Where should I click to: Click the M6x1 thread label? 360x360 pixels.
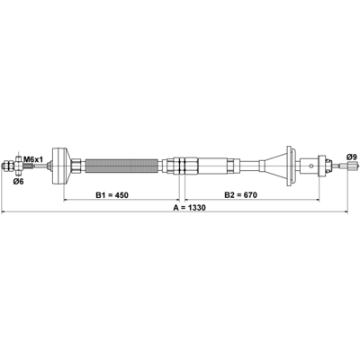(x=33, y=158)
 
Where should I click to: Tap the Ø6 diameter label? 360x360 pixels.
(x=18, y=182)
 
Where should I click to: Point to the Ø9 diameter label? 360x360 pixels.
(x=352, y=157)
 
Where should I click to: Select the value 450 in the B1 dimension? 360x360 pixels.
(x=121, y=195)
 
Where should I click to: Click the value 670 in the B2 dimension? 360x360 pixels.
(x=250, y=195)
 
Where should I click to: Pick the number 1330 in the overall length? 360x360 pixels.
(x=196, y=208)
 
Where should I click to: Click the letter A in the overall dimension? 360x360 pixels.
(x=175, y=208)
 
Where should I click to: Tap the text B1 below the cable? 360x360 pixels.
(x=100, y=195)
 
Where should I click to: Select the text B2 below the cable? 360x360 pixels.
(x=229, y=195)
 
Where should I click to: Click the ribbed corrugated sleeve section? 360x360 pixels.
(x=121, y=166)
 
